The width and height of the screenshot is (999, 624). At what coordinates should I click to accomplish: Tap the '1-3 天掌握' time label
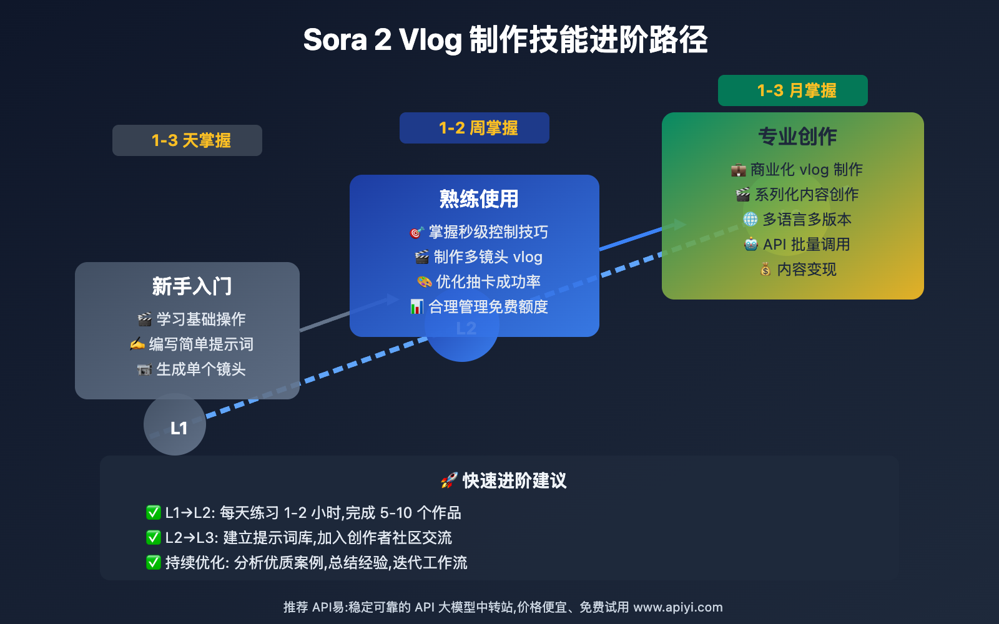[187, 140]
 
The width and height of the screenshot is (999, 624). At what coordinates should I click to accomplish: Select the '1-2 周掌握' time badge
[475, 128]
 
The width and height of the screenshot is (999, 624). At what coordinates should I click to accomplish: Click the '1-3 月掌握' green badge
[793, 90]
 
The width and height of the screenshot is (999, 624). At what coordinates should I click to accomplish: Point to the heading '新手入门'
[192, 286]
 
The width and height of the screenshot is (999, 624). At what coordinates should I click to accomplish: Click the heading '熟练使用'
[479, 199]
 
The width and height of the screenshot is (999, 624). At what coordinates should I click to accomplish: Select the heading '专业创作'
[797, 137]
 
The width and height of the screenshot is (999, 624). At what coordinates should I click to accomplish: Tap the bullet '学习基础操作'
[200, 319]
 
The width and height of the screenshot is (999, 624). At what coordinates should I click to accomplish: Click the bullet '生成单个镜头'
[200, 369]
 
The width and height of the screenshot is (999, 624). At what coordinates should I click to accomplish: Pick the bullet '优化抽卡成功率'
[488, 282]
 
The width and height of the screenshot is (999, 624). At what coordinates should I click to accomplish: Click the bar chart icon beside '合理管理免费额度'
[416, 306]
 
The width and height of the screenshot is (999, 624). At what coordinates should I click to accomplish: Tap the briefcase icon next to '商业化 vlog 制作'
[739, 170]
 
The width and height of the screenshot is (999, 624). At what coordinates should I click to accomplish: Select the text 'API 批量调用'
[806, 245]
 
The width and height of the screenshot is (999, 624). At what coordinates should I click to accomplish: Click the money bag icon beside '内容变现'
[765, 270]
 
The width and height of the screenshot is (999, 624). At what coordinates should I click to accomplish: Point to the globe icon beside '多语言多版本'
[750, 220]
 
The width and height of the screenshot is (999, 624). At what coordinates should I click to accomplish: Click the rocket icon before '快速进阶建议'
[449, 480]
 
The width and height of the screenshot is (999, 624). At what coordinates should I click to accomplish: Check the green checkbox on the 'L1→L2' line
[154, 513]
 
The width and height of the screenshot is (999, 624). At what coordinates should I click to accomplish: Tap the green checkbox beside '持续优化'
[154, 563]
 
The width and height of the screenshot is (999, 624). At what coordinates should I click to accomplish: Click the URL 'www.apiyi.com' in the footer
[678, 607]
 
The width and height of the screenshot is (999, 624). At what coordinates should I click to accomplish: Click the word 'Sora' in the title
[335, 40]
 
